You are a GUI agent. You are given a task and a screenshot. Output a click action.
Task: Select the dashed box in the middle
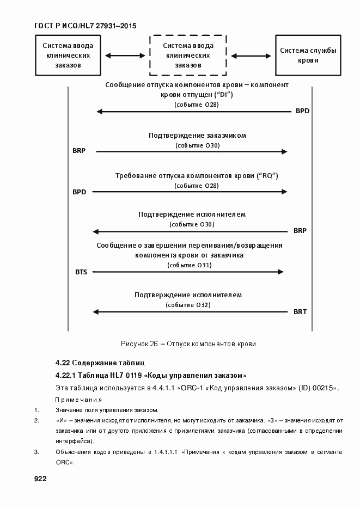[x=188, y=56]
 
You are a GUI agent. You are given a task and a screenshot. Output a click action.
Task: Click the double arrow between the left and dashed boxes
[x=125, y=56]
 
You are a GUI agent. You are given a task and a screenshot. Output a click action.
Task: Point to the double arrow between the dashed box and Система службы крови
[x=251, y=56]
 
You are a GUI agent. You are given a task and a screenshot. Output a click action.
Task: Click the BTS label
[x=81, y=271]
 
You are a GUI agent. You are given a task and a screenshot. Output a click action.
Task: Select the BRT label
[x=300, y=312]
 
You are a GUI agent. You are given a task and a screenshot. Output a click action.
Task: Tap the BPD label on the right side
[x=302, y=112]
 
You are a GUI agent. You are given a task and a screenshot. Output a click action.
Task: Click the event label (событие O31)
[x=189, y=265]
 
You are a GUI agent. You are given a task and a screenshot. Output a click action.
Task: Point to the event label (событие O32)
[x=188, y=305]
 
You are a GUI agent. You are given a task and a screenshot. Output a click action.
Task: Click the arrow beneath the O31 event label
[x=188, y=272]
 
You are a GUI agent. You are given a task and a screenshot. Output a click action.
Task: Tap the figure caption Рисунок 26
[x=187, y=344]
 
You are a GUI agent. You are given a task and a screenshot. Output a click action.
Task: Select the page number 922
[x=40, y=479]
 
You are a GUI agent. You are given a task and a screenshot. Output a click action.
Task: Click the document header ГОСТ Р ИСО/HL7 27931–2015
[x=85, y=26]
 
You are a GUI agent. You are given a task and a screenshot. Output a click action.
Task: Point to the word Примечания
[x=78, y=399]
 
